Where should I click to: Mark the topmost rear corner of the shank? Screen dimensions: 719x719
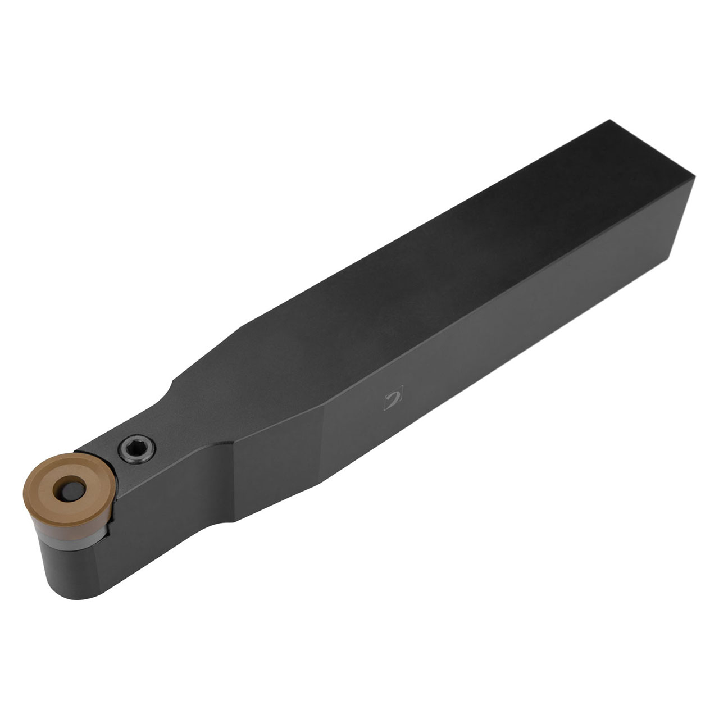point(610,121)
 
